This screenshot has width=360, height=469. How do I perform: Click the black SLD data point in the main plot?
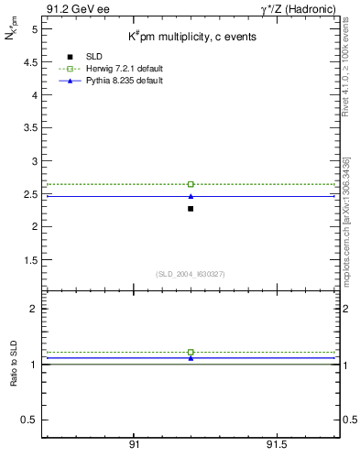pos(191,209)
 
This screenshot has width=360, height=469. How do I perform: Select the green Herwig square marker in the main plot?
pos(191,184)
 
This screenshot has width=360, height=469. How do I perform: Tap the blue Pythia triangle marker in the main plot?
pos(191,196)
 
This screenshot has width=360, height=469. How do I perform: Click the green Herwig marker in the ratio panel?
pos(191,352)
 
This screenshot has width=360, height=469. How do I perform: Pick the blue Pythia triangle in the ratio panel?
pos(191,358)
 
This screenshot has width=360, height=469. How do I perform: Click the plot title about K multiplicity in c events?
pos(191,37)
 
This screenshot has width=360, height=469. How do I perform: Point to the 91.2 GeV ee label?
pos(74,9)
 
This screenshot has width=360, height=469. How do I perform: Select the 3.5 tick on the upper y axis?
pos(29,127)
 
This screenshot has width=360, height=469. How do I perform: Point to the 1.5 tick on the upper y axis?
pos(29,259)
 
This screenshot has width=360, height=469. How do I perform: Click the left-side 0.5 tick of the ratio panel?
pos(29,420)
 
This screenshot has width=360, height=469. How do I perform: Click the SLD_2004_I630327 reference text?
pos(191,274)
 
